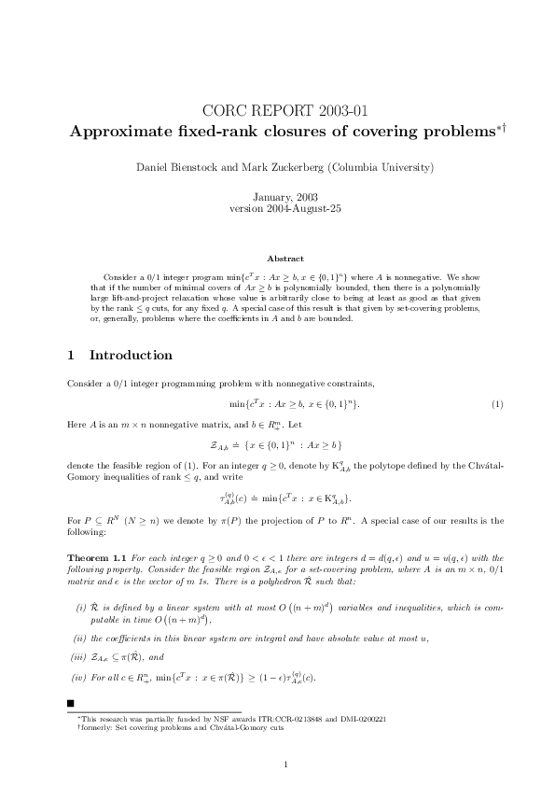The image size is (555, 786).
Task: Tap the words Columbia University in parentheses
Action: [x=378, y=167]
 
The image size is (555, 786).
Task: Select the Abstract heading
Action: [x=277, y=258]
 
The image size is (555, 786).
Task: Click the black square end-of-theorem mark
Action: [x=72, y=701]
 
